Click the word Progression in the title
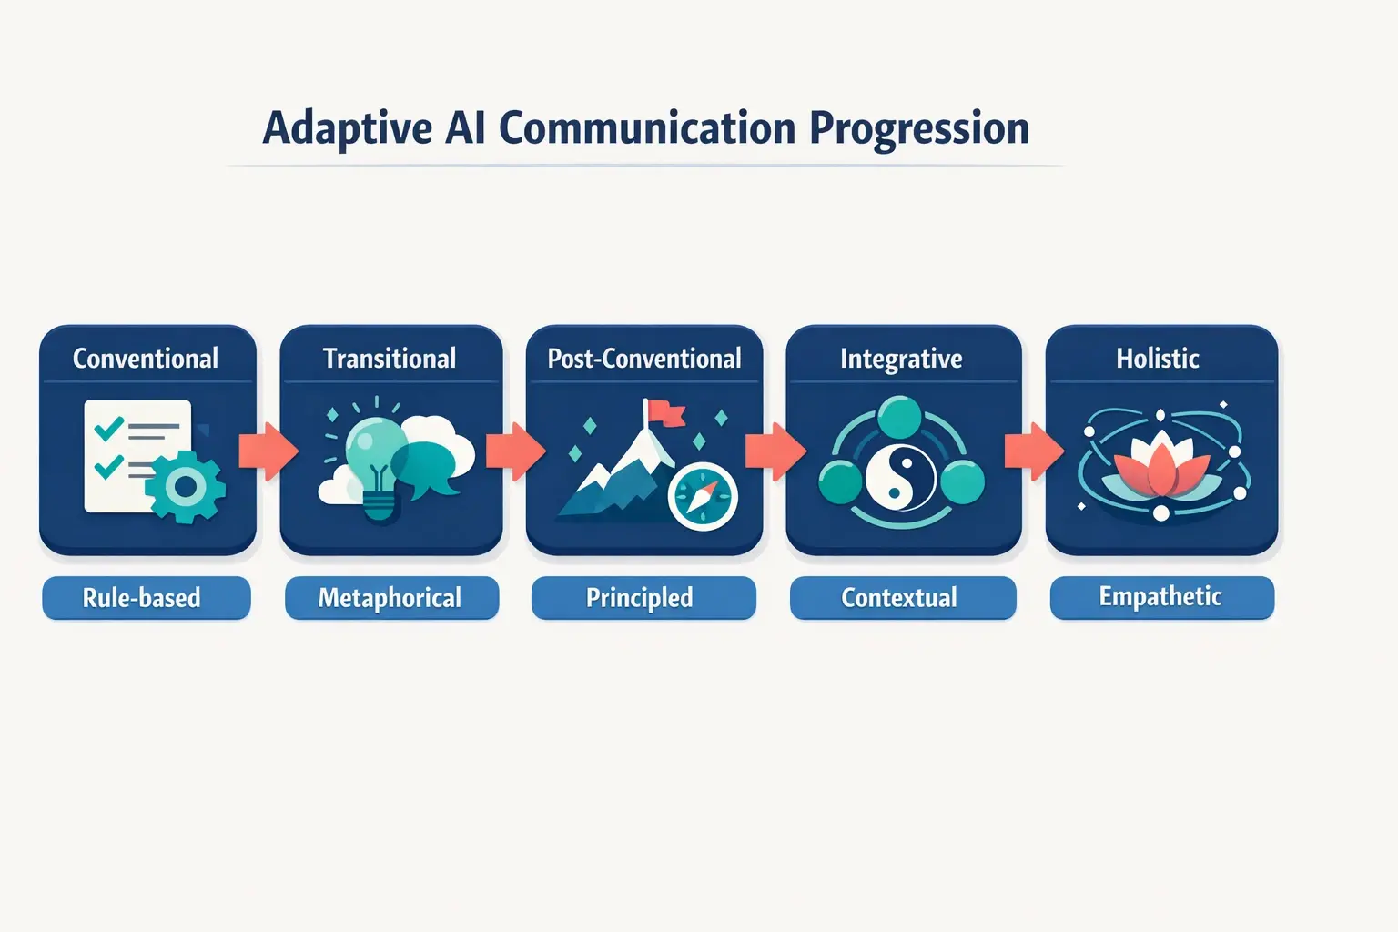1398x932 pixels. (919, 128)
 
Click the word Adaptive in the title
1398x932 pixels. (347, 128)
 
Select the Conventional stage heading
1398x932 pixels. (146, 359)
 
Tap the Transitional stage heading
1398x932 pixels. (390, 359)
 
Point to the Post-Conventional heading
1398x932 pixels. (644, 359)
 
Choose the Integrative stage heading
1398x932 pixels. (901, 359)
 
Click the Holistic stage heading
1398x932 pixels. (1158, 359)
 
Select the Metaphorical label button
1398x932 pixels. (391, 598)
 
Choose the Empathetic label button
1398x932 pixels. (1161, 597)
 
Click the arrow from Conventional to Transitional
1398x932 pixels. (268, 451)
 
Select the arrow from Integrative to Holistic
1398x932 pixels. (1034, 451)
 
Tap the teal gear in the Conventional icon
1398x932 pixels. (186, 488)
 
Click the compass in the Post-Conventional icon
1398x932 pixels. (702, 496)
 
